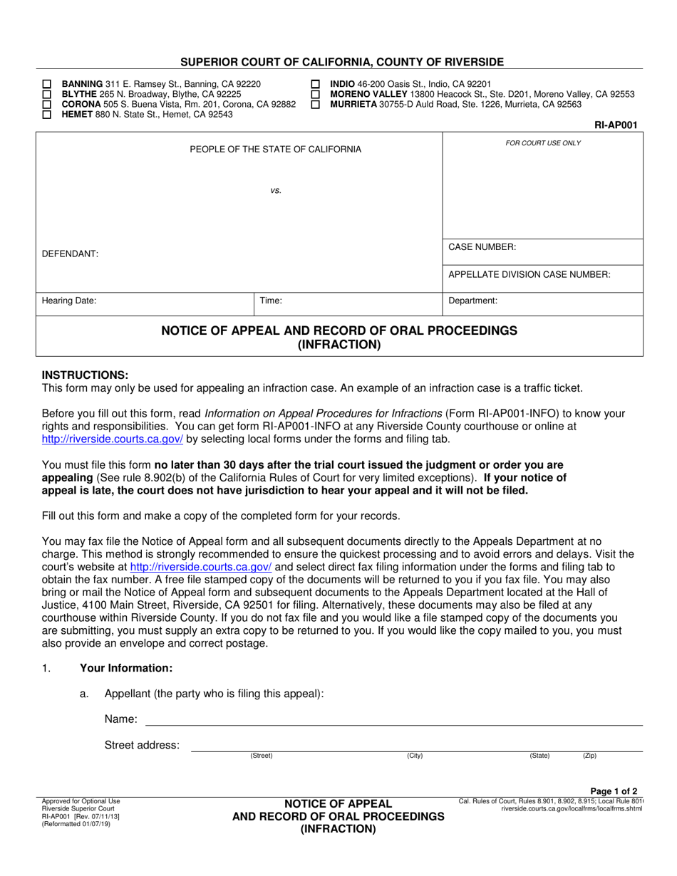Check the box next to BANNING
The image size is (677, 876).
47,83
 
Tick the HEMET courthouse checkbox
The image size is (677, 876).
47,114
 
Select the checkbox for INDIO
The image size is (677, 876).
316,83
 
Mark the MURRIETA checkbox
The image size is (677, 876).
316,104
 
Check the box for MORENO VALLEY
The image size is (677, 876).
316,94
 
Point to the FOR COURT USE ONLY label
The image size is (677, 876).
543,143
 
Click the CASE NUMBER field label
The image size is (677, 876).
482,247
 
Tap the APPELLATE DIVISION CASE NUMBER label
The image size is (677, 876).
529,274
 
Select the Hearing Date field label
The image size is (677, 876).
68,301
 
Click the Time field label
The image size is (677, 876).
271,301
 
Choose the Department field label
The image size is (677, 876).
472,301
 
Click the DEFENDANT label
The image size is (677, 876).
70,254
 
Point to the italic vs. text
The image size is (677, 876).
276,191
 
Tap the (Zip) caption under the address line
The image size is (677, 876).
589,755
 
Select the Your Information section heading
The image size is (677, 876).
125,668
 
